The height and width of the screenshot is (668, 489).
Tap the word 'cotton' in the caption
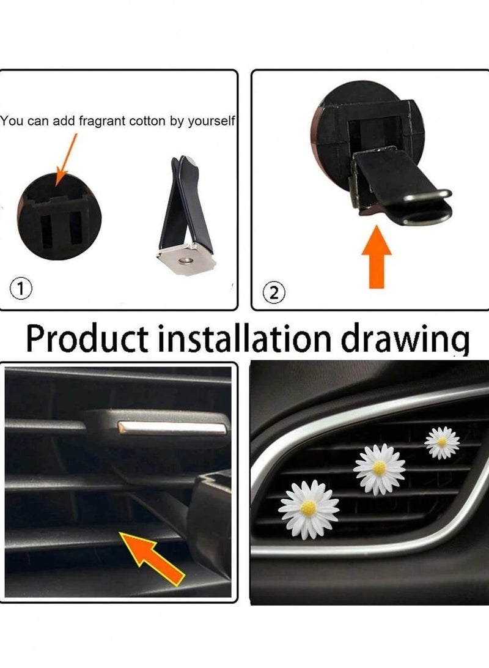click(x=148, y=121)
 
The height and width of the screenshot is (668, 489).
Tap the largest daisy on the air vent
click(x=309, y=510)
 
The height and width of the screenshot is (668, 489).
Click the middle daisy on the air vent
click(x=379, y=469)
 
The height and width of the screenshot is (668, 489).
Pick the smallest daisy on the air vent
click(x=441, y=442)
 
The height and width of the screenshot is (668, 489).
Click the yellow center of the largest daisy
click(x=309, y=508)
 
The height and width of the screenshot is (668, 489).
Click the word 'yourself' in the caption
click(x=211, y=121)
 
